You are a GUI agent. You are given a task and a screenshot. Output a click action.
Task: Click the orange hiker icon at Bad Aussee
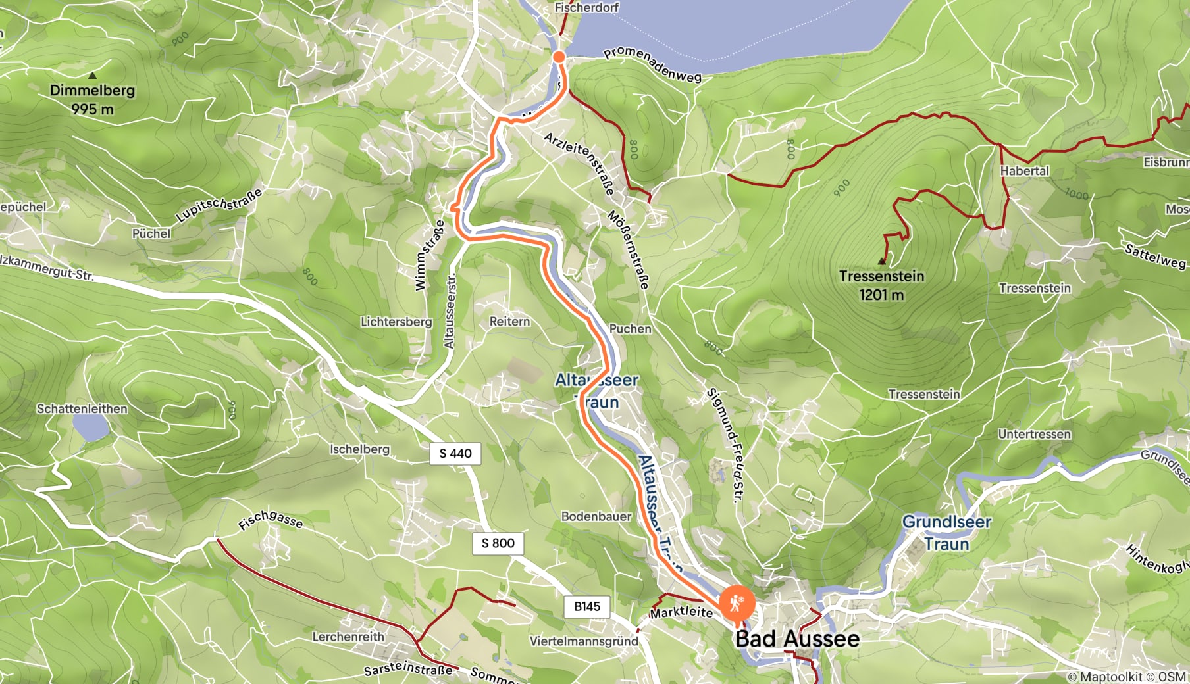coord(735,602)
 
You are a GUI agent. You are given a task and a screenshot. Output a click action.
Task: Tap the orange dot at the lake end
coord(559,57)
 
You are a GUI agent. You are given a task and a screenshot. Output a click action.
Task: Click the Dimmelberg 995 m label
coord(93,99)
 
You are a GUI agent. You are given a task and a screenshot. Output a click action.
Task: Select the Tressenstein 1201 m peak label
coord(881,285)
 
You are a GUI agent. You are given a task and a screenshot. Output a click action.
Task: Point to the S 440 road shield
coord(455,453)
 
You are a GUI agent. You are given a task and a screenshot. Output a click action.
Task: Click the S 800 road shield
coord(498,543)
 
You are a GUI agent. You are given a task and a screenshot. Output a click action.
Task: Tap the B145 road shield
coord(586,606)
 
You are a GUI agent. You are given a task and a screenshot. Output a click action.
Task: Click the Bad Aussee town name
coord(797,639)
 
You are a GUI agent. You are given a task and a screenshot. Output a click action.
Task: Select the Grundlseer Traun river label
coord(946,533)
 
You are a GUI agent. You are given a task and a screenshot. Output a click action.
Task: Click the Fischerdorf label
coord(586,8)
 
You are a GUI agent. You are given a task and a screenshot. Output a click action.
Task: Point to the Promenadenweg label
coord(652,64)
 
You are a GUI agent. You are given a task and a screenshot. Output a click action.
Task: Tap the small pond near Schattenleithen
coord(91,428)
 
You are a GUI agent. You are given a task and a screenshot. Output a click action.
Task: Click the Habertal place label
coord(1024,171)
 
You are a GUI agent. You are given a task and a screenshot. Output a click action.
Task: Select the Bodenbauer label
coord(596,516)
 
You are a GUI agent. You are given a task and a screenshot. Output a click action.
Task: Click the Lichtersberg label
coord(396,322)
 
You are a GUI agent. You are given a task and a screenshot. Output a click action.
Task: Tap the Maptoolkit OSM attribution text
coord(1126,676)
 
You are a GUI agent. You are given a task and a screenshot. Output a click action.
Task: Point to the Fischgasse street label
coord(271,521)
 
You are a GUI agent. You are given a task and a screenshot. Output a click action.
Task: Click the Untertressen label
coord(1034,434)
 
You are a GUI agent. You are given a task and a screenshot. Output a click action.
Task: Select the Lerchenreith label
coord(348,637)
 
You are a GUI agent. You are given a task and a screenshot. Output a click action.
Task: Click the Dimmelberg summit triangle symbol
coord(92,76)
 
